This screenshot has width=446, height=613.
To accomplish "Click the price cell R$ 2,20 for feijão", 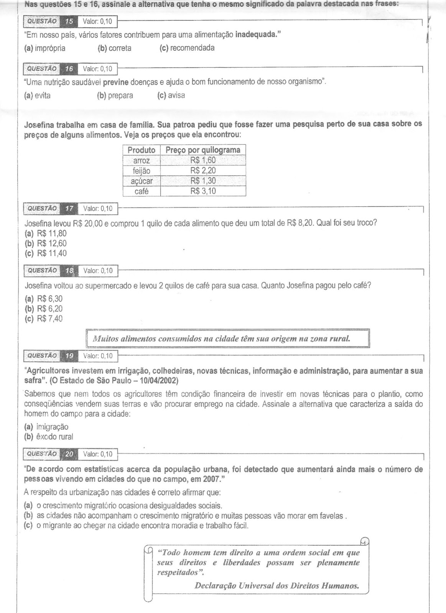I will [203, 170].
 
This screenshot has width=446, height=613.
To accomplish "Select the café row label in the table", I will [142, 191].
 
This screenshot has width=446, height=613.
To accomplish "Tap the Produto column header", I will [142, 150].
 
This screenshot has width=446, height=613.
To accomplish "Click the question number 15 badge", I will [69, 21].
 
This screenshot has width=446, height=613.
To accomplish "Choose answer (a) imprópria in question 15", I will [45, 48].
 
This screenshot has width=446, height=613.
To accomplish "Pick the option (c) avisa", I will [171, 95].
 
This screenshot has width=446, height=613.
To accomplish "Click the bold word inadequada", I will [256, 35].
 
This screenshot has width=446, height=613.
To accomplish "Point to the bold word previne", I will [115, 82].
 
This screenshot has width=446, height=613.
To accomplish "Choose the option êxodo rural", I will [49, 437].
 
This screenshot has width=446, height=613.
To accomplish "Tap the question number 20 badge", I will [69, 454].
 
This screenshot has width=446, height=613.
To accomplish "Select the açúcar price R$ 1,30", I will [203, 181].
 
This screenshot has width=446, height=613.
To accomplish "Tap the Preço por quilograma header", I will [203, 150].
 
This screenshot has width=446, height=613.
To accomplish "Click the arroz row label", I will [142, 161].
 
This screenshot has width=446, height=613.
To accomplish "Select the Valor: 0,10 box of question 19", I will [98, 356].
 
